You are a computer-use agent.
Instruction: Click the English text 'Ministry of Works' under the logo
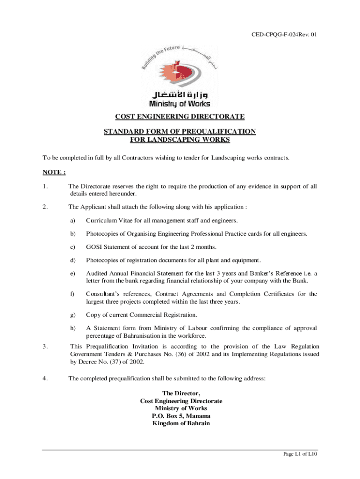180,104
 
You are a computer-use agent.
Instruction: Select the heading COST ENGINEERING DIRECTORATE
180,116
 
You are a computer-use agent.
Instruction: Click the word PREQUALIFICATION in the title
222,131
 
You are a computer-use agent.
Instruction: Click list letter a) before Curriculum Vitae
72,220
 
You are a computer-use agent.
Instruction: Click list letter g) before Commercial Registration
72,315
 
